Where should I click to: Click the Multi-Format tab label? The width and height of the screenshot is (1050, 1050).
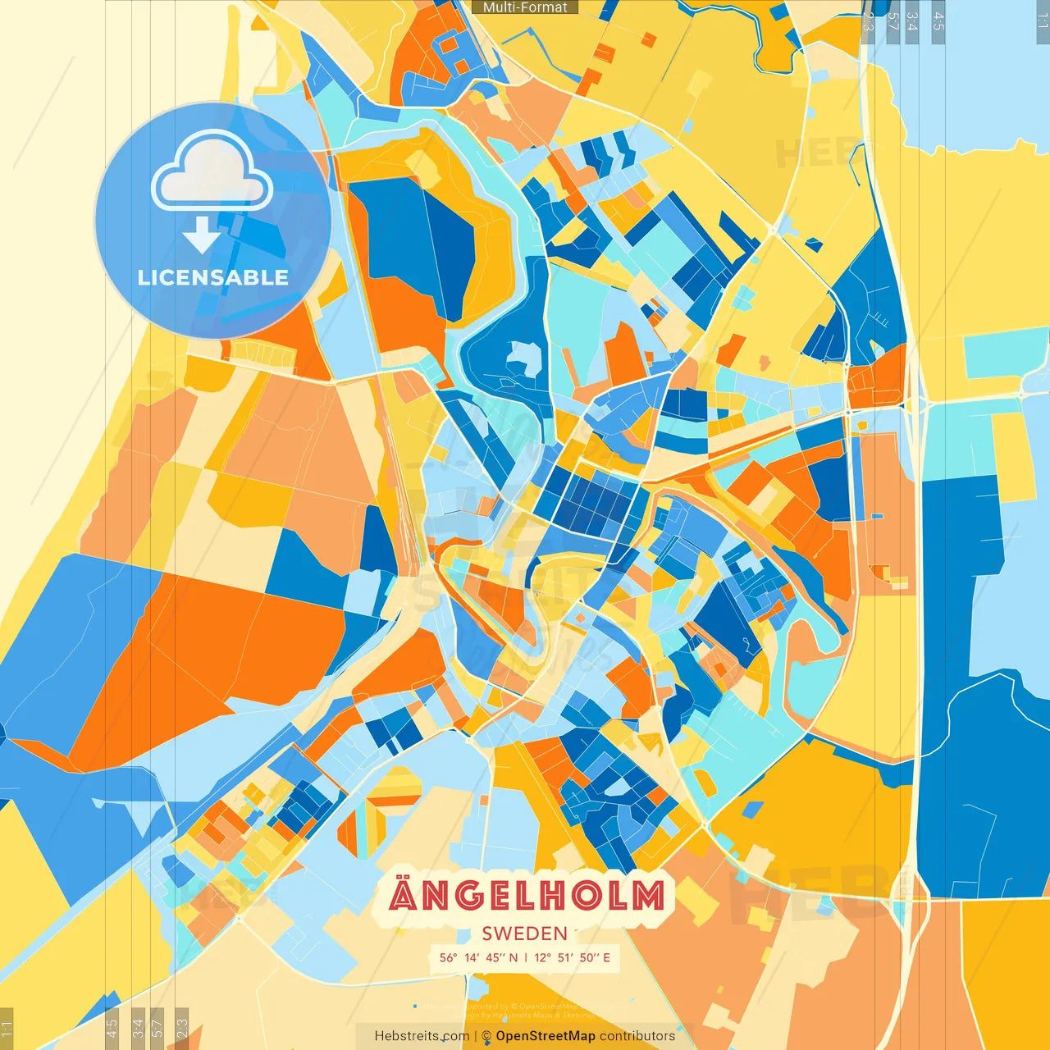[525, 7]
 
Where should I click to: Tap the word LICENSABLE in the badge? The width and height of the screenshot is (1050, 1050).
[212, 277]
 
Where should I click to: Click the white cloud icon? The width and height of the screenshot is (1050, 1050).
[212, 171]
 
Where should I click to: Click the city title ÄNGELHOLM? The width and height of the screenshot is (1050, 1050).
[527, 895]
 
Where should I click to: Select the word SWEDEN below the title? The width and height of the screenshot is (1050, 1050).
[525, 934]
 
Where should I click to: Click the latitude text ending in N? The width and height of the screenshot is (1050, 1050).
[479, 957]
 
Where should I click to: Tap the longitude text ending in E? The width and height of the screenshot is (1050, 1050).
[573, 957]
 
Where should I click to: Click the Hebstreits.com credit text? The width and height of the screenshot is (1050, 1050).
[422, 1036]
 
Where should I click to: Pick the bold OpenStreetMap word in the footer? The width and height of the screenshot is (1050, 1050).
[546, 1036]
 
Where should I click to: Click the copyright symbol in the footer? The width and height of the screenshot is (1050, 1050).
[486, 1036]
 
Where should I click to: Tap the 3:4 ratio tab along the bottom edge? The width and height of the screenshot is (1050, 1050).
[138, 1028]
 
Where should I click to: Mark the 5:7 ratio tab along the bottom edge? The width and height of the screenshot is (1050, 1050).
[157, 1028]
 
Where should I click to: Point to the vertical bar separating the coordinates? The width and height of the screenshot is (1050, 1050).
[526, 957]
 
